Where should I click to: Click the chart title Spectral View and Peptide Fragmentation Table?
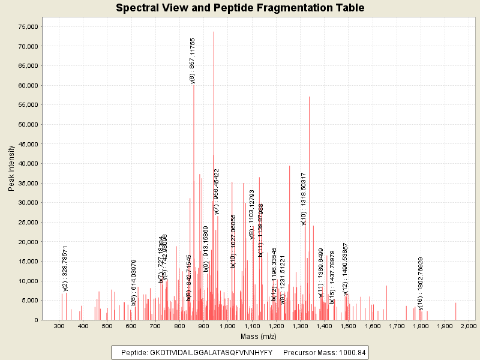240,8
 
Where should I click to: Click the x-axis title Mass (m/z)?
258,336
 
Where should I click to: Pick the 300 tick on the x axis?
59,325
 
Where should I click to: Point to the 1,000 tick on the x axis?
227,325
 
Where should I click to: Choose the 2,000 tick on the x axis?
468,325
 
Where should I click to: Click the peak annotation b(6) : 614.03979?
134,282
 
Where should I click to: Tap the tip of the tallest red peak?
214,32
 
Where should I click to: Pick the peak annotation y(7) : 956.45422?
217,191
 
